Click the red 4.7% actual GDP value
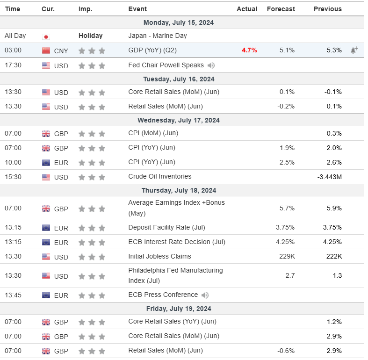(x=249, y=50)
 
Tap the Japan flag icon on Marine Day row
(x=46, y=36)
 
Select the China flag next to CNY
(x=46, y=50)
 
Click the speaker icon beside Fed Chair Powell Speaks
(x=211, y=65)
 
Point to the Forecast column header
(x=281, y=9)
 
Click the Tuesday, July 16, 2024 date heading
(x=179, y=79)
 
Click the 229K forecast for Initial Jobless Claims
(x=287, y=257)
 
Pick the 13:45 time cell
(x=13, y=295)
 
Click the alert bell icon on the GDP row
(x=354, y=50)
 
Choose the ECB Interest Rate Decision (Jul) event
(x=177, y=242)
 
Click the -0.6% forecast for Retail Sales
(x=285, y=351)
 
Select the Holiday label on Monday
(x=90, y=36)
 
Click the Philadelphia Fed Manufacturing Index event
(x=175, y=275)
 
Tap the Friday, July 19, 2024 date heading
(x=179, y=309)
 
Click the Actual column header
(x=247, y=9)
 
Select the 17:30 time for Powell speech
(x=13, y=65)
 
